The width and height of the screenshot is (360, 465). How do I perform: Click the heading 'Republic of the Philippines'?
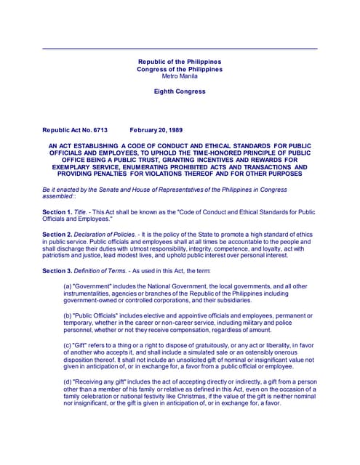click(x=180, y=62)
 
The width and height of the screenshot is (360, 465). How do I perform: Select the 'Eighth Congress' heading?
click(x=180, y=92)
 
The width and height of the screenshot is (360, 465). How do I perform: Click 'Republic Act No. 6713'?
click(x=75, y=130)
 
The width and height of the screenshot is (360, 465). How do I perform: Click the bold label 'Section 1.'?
click(x=57, y=211)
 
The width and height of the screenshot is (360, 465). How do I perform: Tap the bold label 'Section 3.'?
click(x=57, y=270)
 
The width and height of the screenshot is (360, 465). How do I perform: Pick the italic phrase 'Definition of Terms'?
click(x=105, y=270)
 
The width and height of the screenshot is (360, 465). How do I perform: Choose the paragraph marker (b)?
click(x=68, y=316)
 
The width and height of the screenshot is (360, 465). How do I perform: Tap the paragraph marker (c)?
click(x=68, y=345)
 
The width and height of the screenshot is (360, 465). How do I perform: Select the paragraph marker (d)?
click(x=68, y=381)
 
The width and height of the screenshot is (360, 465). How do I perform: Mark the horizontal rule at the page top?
click(x=180, y=48)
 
